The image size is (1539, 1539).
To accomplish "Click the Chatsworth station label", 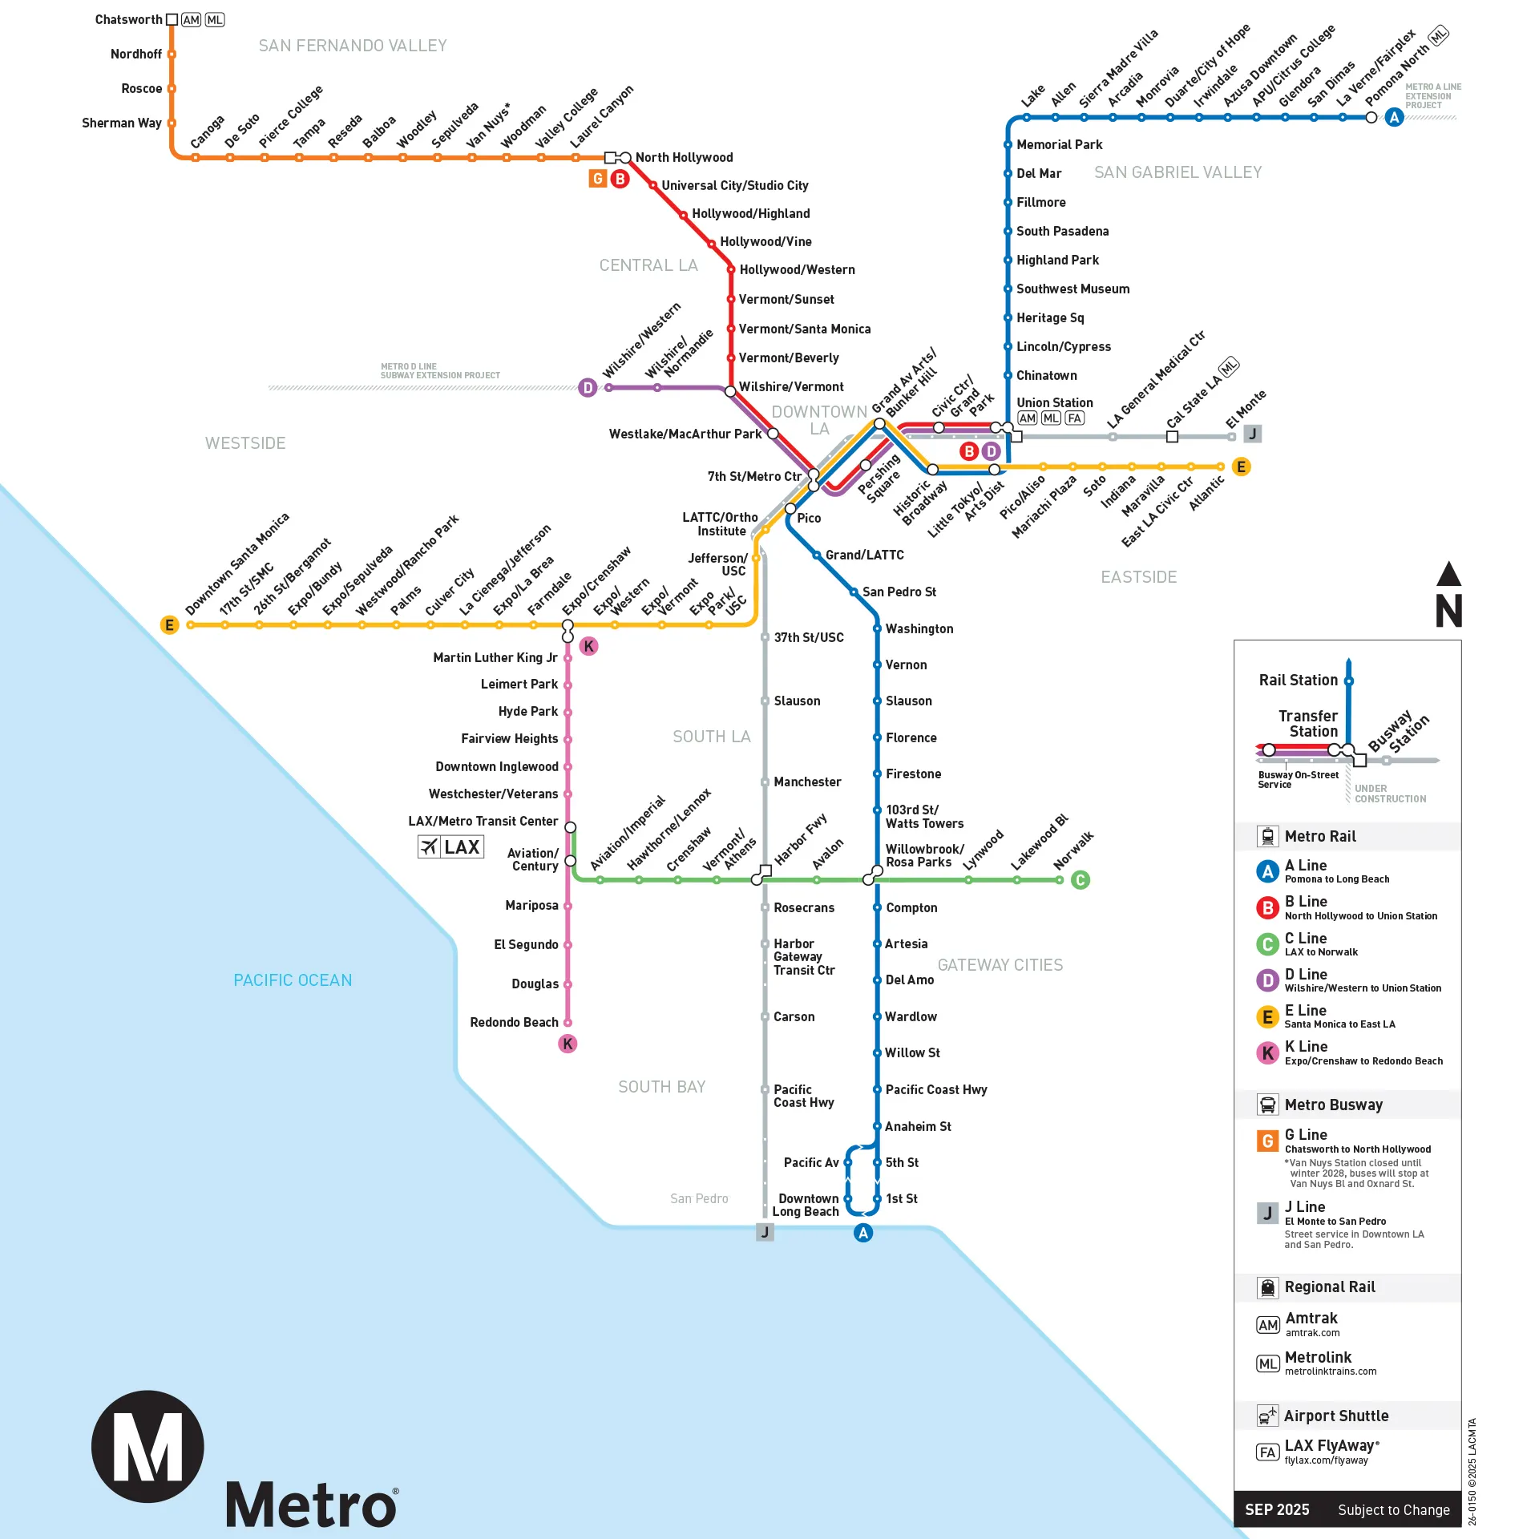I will (128, 19).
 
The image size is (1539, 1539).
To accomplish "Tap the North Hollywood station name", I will (684, 157).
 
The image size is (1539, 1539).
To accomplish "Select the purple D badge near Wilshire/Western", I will (588, 388).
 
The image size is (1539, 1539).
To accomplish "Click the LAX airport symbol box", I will (450, 847).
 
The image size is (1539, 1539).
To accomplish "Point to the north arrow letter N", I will (1448, 611).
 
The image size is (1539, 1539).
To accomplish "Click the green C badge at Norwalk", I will (1080, 880).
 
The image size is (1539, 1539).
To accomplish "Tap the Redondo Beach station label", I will (514, 1022).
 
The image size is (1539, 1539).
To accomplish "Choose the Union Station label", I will (1054, 402).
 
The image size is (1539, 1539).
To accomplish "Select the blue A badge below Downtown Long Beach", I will (862, 1233).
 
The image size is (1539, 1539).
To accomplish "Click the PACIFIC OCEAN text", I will (293, 980).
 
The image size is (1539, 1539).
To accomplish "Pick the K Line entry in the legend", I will (1306, 1047).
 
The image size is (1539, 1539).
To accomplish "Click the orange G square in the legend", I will (1267, 1141).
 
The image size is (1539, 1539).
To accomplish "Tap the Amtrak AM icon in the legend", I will (1267, 1325).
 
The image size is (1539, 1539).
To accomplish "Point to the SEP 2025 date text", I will (1277, 1510).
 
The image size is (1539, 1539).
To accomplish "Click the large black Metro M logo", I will (147, 1447).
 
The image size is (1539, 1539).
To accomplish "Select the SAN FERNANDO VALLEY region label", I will (353, 46).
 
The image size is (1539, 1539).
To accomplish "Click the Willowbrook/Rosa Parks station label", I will (923, 855).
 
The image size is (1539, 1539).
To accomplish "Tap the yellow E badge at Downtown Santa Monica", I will (169, 625).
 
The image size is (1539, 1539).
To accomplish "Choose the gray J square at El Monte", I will (1252, 434).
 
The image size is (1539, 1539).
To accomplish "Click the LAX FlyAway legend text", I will (1331, 1445).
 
